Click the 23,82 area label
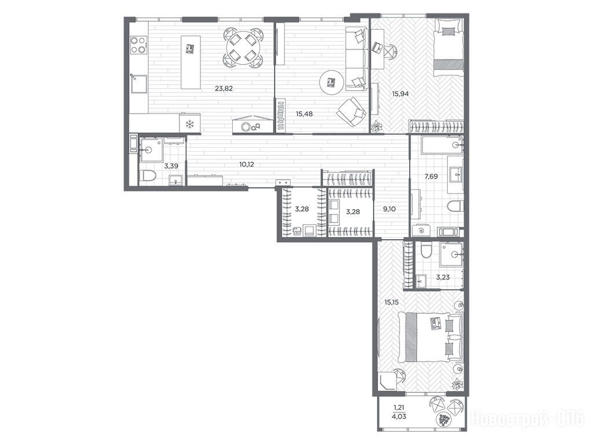224,89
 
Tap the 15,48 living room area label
304,114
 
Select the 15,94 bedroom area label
400,94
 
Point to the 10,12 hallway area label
246,164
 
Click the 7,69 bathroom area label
431,176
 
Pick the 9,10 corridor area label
389,209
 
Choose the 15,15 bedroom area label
392,302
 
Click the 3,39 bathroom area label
171,165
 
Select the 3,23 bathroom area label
443,278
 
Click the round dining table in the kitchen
242,48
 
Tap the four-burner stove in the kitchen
138,44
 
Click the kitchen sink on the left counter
138,83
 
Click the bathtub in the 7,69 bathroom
442,145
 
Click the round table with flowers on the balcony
444,420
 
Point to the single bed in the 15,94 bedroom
449,45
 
